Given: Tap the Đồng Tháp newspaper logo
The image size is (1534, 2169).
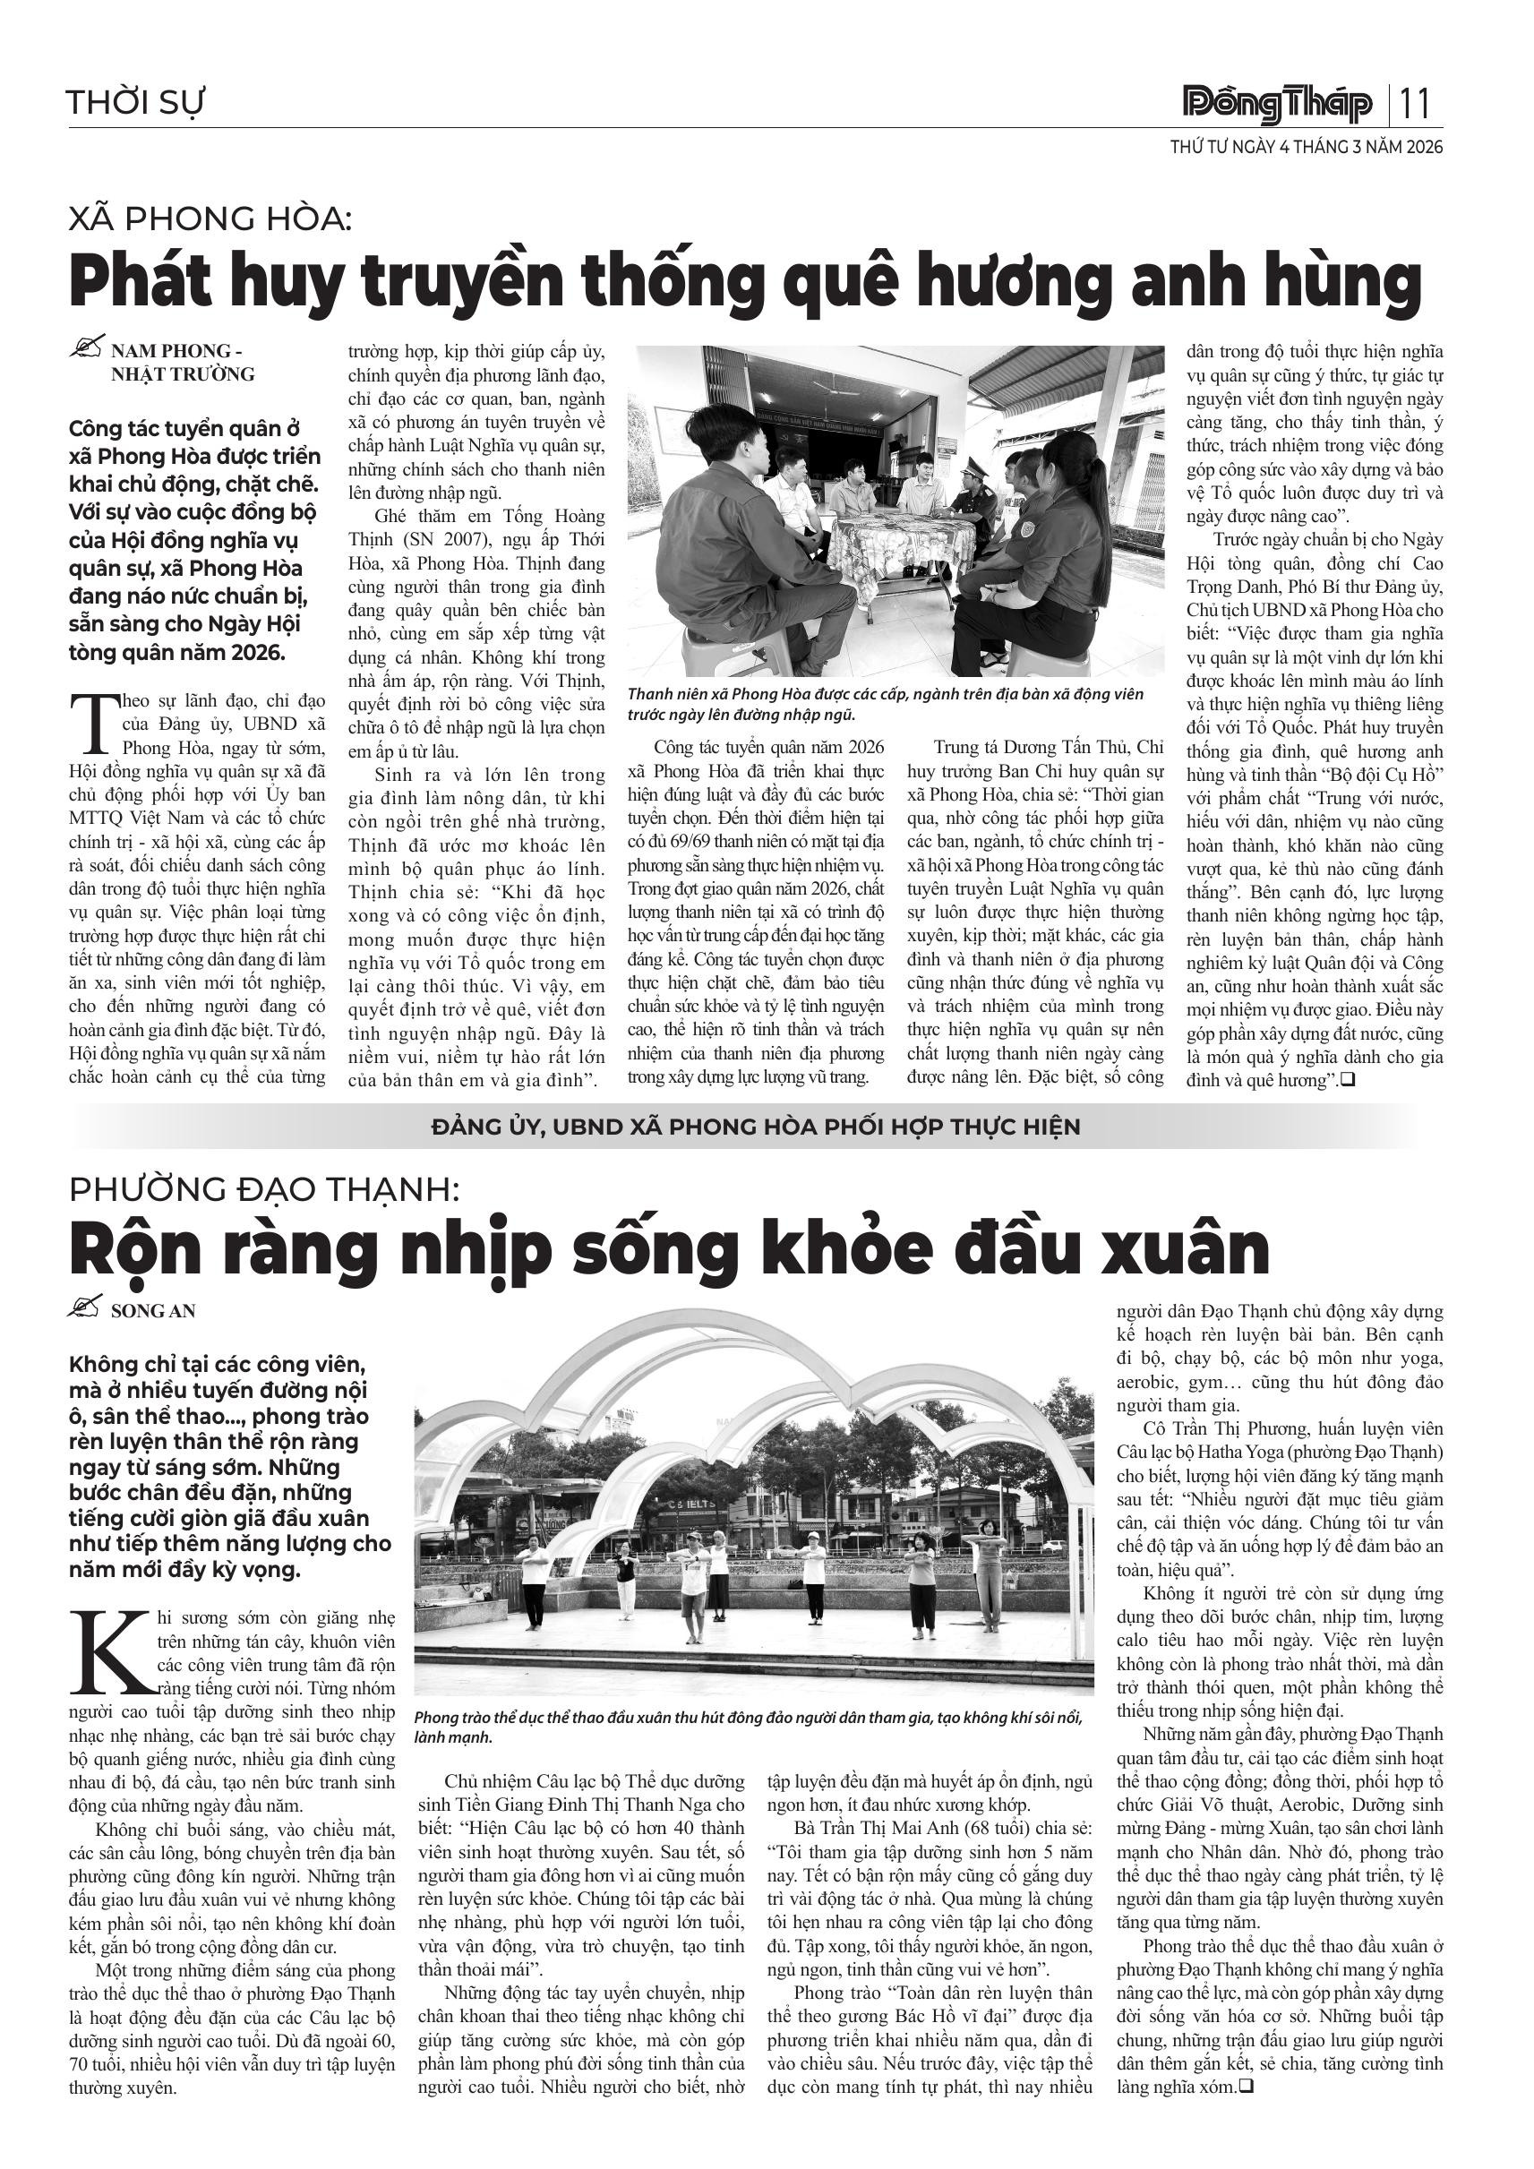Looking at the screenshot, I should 1278,104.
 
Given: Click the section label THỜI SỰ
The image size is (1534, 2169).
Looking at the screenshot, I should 136,102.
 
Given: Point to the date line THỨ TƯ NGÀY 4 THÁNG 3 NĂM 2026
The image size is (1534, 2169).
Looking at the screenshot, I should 1307,148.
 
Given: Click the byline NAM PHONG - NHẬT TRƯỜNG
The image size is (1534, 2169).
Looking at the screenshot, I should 183,363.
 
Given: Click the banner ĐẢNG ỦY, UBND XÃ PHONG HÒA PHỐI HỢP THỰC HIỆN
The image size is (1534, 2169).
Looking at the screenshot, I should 756,1127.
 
